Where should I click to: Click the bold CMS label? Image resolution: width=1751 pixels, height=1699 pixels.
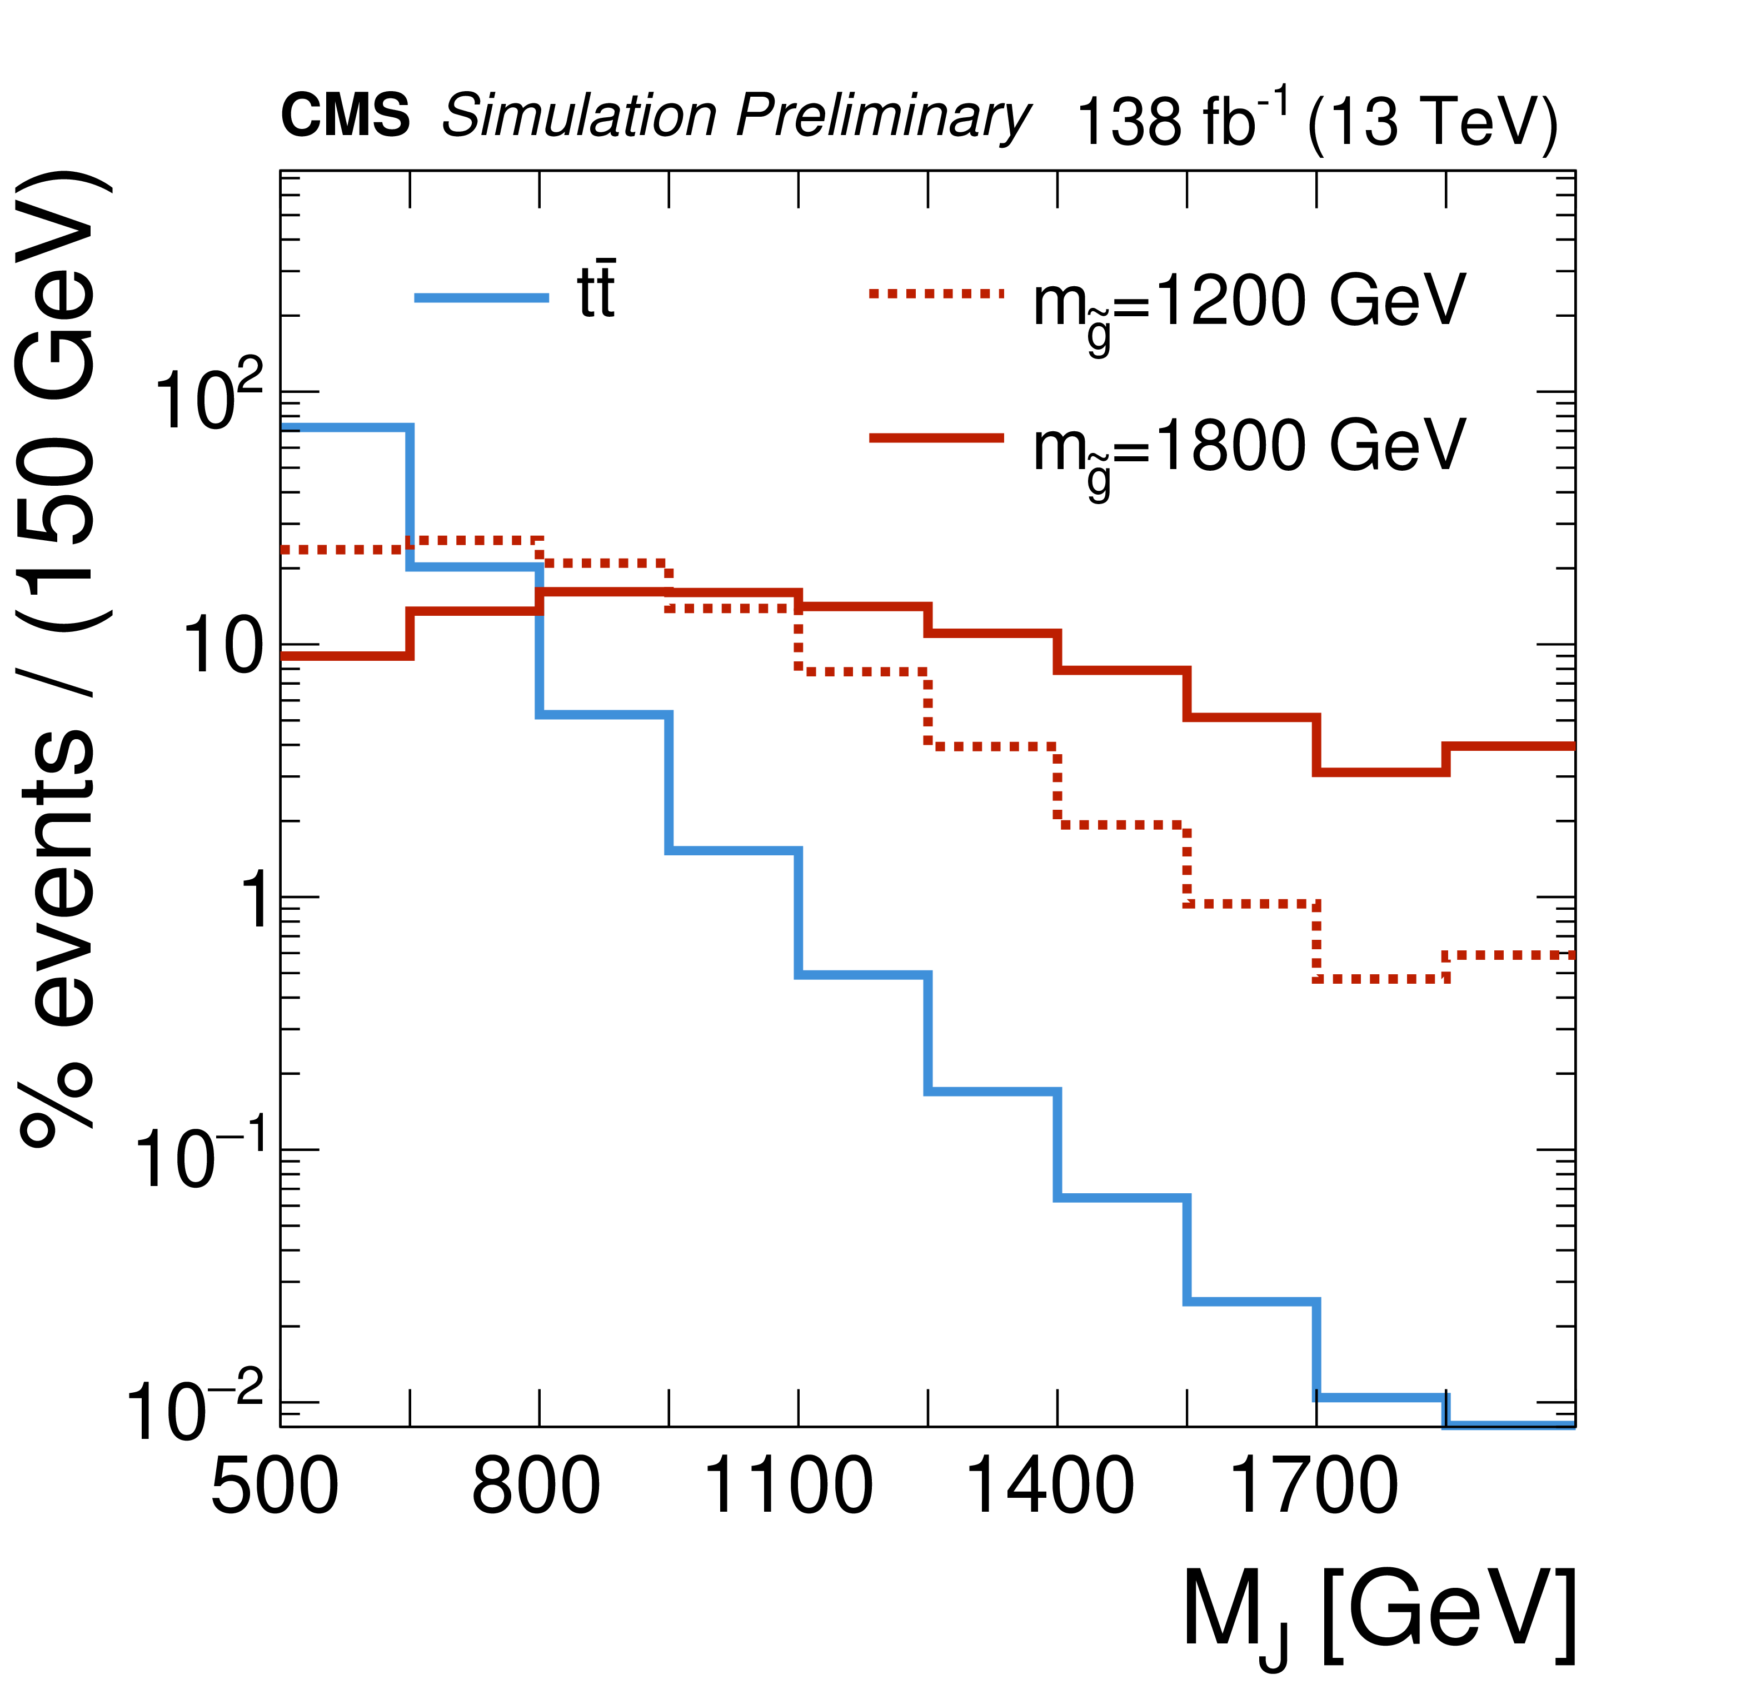[345, 116]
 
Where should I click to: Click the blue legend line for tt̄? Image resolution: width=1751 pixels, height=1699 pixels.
[482, 297]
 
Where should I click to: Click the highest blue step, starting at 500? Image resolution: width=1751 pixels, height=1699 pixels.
[345, 428]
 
